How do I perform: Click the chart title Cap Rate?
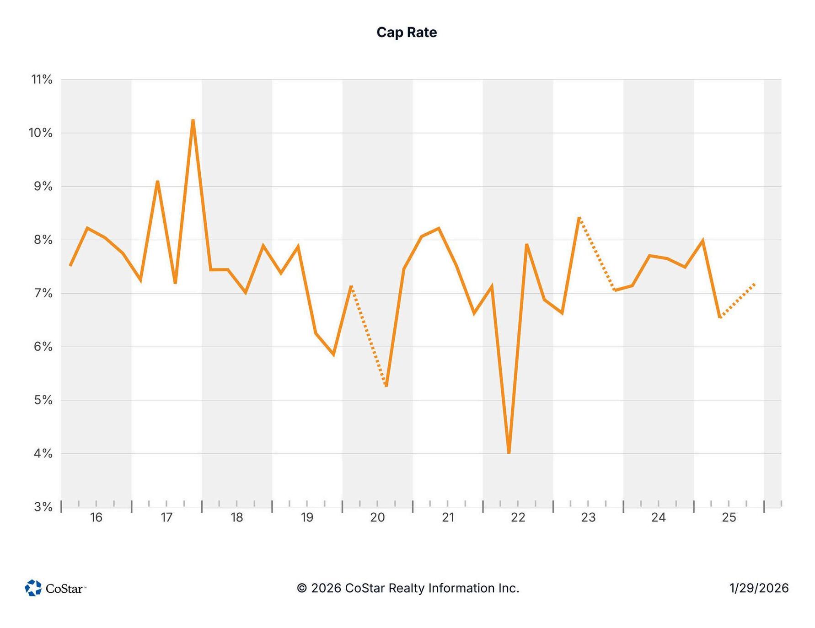[x=407, y=32]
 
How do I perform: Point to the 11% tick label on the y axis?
[x=42, y=80]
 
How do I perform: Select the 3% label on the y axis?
[x=43, y=507]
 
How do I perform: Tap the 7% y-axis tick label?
[x=43, y=293]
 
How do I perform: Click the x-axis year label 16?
[x=96, y=517]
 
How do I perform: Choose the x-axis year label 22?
[x=518, y=517]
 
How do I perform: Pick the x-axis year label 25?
[x=729, y=517]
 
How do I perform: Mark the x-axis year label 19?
[x=307, y=517]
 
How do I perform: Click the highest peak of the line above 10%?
[x=193, y=120]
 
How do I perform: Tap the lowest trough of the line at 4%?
[x=509, y=453]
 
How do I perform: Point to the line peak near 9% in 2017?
[x=157, y=182]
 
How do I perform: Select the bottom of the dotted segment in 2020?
[x=386, y=386]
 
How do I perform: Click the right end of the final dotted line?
[x=755, y=284]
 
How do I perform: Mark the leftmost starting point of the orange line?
[x=70, y=265]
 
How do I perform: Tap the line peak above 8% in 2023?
[x=579, y=218]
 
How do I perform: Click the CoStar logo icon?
[x=33, y=588]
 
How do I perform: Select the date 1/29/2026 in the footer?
[x=759, y=588]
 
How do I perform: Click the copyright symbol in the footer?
[x=302, y=588]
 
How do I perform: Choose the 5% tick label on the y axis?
[x=43, y=400]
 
